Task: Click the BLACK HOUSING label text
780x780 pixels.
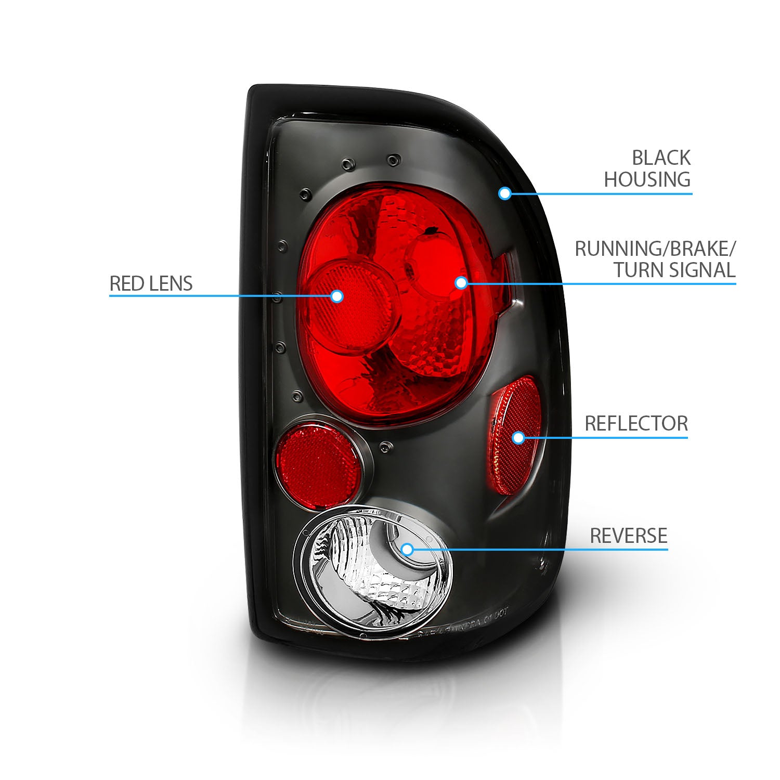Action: (647, 168)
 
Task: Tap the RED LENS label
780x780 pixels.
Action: (151, 283)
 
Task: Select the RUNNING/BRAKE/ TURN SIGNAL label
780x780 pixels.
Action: (655, 259)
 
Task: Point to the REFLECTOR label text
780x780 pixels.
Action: (636, 423)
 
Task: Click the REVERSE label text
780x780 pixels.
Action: (628, 536)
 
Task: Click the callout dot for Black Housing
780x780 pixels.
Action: (504, 193)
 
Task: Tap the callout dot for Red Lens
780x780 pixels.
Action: (337, 296)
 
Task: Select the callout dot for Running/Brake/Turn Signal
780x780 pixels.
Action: (461, 282)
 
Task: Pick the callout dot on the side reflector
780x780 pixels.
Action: (518, 437)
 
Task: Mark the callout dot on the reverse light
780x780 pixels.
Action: (407, 549)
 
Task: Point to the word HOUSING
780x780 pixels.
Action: (647, 179)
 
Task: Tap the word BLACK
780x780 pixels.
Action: (661, 158)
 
